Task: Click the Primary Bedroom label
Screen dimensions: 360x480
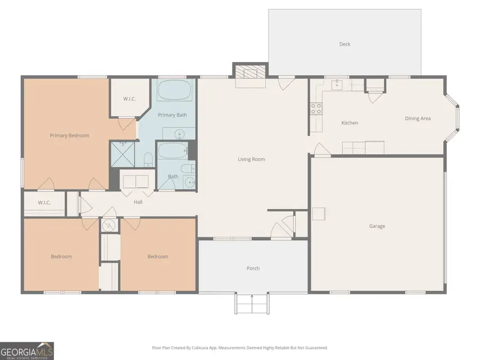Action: (x=69, y=135)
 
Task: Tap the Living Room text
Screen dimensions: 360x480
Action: (x=251, y=159)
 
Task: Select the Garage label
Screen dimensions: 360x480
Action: (x=377, y=226)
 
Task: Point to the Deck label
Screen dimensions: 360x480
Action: (x=345, y=44)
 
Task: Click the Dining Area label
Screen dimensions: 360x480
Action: (x=418, y=118)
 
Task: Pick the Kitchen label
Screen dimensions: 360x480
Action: (x=349, y=123)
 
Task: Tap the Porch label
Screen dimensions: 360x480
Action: (x=253, y=268)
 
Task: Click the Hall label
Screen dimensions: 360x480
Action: (x=138, y=202)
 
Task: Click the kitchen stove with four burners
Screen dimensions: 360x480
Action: (x=316, y=109)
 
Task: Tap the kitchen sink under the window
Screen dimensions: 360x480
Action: (x=337, y=84)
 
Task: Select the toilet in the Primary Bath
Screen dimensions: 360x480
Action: (x=148, y=158)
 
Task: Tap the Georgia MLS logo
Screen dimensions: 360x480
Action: (x=27, y=350)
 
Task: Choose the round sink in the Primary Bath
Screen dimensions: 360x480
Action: (x=180, y=133)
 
